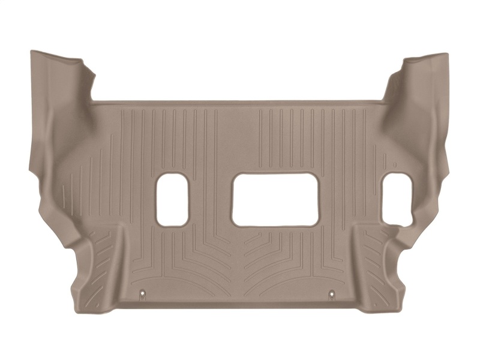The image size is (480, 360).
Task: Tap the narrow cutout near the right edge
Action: point(398,200)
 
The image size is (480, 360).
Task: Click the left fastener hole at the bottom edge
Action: point(143,293)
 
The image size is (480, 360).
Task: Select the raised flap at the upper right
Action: point(420,78)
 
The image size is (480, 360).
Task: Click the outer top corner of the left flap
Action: point(31,52)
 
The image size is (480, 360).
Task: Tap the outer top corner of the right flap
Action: point(448,54)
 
